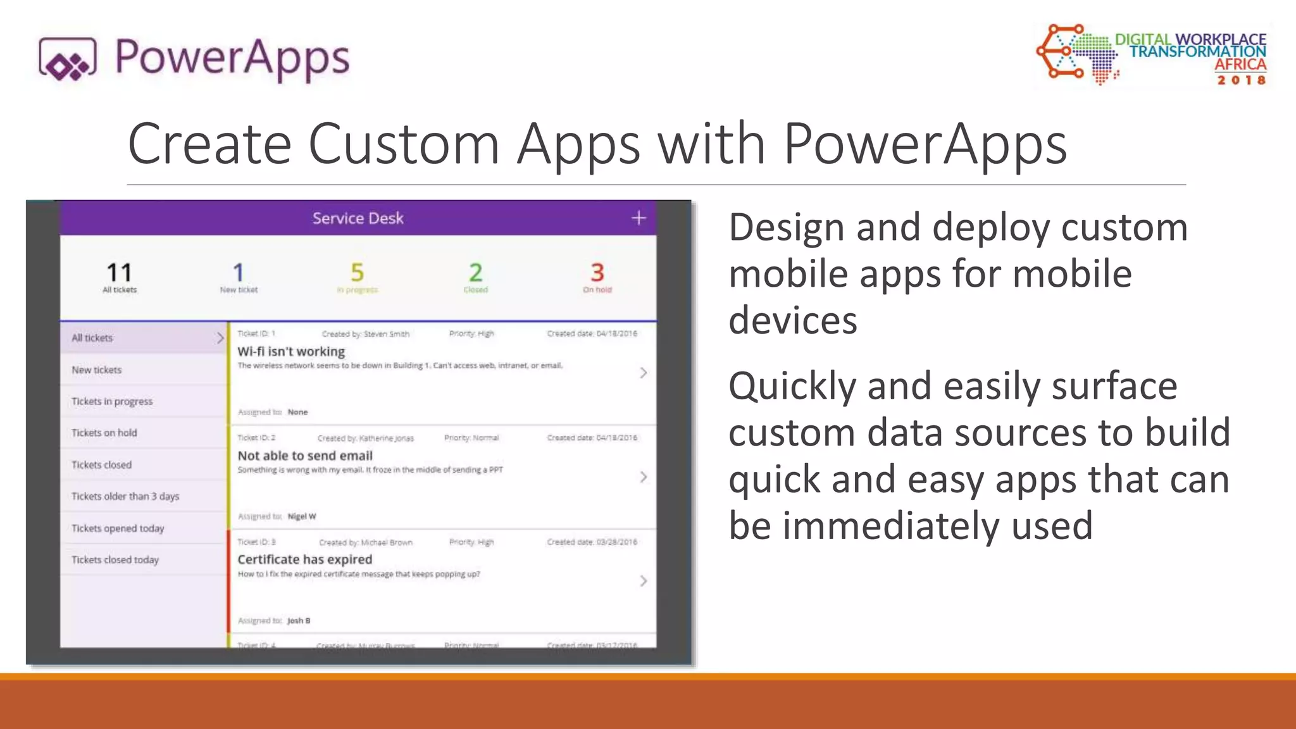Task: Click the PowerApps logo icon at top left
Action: [68, 59]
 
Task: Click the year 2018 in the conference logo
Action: [1241, 80]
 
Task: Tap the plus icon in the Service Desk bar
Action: [639, 218]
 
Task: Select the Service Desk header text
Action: [358, 218]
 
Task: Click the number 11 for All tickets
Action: [119, 273]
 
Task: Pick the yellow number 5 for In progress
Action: [357, 273]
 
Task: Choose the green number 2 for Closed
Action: [475, 273]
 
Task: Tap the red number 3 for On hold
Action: [597, 273]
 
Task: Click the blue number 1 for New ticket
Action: [238, 273]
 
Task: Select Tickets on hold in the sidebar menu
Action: [104, 433]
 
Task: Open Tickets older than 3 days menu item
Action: [125, 496]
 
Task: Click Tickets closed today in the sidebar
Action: [115, 560]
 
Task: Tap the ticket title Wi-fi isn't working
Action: [291, 352]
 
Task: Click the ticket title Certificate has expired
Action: [304, 560]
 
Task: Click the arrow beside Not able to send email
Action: [643, 477]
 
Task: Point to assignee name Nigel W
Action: [301, 516]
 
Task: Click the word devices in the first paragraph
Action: [792, 320]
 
